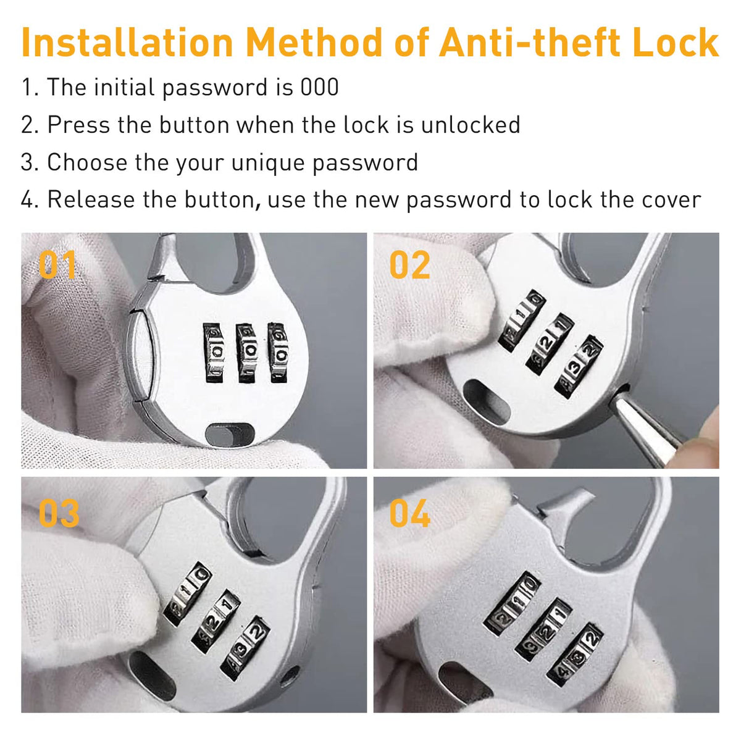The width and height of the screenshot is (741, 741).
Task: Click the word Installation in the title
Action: tap(127, 43)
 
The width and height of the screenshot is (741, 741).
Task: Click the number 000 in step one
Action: tap(319, 87)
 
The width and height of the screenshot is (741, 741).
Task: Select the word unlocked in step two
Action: tap(471, 125)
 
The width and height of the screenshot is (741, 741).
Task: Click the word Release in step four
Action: tap(91, 200)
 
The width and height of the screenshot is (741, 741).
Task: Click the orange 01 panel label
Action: tap(57, 264)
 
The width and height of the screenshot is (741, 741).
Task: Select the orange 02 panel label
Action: tap(409, 264)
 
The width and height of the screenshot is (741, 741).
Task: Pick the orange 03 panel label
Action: tap(59, 513)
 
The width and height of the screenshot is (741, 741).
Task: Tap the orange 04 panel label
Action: tap(410, 513)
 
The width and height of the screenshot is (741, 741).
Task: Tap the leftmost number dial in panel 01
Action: tap(214, 353)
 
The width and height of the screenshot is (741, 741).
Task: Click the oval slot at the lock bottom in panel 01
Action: tap(230, 435)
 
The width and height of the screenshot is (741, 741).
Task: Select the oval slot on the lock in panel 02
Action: tap(487, 402)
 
